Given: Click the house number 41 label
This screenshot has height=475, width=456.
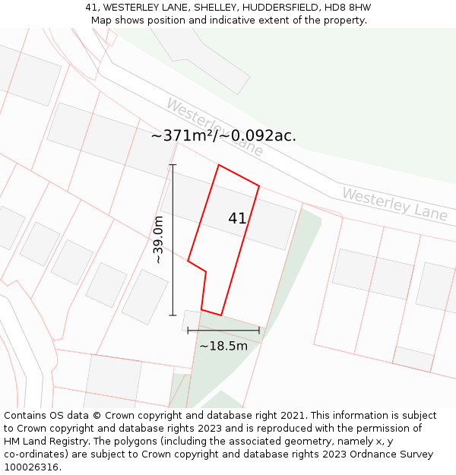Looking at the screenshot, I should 237,218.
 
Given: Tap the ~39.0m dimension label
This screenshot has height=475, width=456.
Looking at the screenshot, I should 158,240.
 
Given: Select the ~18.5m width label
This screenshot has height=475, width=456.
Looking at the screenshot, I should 223,346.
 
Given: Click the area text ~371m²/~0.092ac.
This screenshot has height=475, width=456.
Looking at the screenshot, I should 223,136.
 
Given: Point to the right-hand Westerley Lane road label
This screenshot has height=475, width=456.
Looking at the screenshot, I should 394,203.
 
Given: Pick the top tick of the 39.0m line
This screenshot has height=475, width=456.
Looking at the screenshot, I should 173,165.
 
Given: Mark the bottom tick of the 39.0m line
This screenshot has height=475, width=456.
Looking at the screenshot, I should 173,315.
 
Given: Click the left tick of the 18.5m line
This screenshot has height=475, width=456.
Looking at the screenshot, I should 188,331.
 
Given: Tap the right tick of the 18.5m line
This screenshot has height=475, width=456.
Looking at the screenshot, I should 259,331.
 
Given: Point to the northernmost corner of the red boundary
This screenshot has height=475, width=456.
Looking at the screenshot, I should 219,165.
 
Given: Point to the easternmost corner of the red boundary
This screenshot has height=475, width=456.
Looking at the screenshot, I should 259,185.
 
